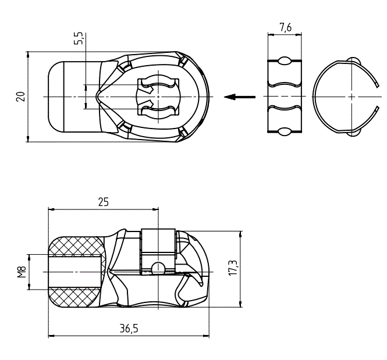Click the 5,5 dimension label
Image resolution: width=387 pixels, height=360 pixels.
click(x=79, y=38)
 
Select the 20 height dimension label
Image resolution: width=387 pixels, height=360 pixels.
click(x=21, y=97)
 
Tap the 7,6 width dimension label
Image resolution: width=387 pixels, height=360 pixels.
click(x=285, y=27)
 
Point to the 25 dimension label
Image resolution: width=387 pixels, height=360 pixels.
click(x=104, y=202)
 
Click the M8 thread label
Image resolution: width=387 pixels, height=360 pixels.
click(x=22, y=272)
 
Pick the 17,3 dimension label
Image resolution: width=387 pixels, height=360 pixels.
click(x=233, y=268)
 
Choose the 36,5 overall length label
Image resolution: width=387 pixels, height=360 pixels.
click(x=129, y=329)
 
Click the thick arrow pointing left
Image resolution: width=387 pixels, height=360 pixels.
click(x=240, y=97)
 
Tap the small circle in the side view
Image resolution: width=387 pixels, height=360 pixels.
click(x=158, y=268)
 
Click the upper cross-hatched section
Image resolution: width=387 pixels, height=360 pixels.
click(x=75, y=245)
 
